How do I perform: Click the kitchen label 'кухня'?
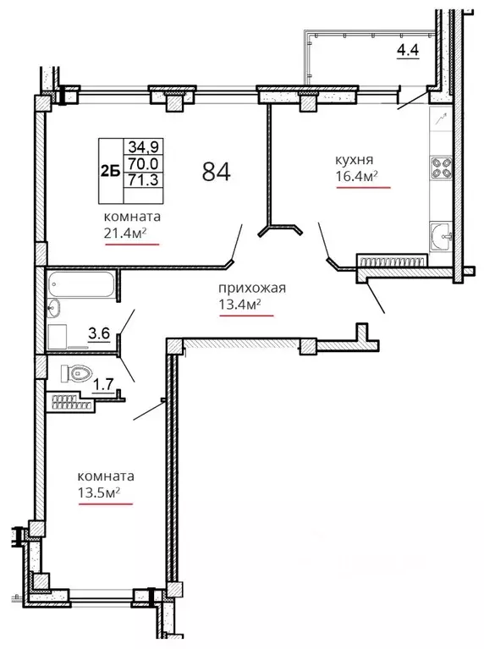point(354,160)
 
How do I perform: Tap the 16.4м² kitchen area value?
point(356,176)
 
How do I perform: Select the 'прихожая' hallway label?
point(252,288)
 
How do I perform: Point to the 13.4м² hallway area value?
point(239,305)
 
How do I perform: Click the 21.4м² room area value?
point(126,233)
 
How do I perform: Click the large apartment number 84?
point(216,172)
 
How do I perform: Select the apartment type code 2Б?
point(110,171)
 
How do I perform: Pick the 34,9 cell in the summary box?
point(143,146)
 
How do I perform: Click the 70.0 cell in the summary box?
point(143,163)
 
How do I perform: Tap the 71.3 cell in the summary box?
point(143,179)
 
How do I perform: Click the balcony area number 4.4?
point(408,50)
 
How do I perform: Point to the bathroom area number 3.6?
point(99,333)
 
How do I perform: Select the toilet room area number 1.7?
point(102,385)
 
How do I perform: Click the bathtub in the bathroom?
point(80,284)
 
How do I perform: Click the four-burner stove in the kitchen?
point(441,168)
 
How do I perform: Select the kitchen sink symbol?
point(441,236)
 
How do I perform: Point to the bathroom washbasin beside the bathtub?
point(54,308)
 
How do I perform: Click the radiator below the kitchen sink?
point(392,261)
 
